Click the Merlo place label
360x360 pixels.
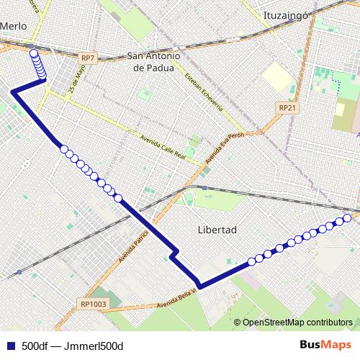click(x=14, y=25)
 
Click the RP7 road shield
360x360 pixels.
click(x=88, y=58)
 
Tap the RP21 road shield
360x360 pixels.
click(x=287, y=107)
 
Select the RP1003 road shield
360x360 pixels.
click(x=94, y=304)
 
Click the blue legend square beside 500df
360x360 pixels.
click(x=10, y=345)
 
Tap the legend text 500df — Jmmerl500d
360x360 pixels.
click(x=73, y=345)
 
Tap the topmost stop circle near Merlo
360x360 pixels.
click(x=33, y=53)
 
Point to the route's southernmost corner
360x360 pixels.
click(x=199, y=287)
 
